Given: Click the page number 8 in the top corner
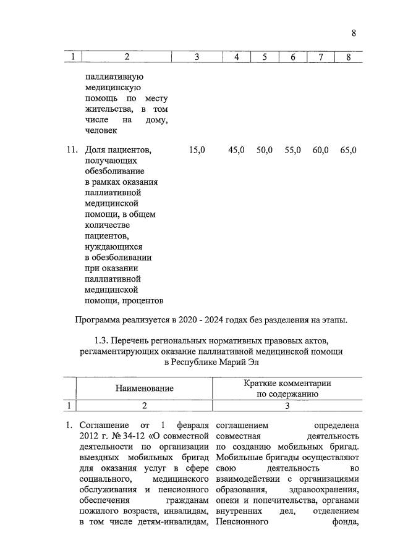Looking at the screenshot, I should tap(354, 33).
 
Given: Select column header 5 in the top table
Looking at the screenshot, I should tap(264, 57).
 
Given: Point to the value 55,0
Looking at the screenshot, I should tap(292, 150).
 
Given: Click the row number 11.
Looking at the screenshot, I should tap(71, 150).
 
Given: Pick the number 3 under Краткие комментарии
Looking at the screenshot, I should tap(287, 405).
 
